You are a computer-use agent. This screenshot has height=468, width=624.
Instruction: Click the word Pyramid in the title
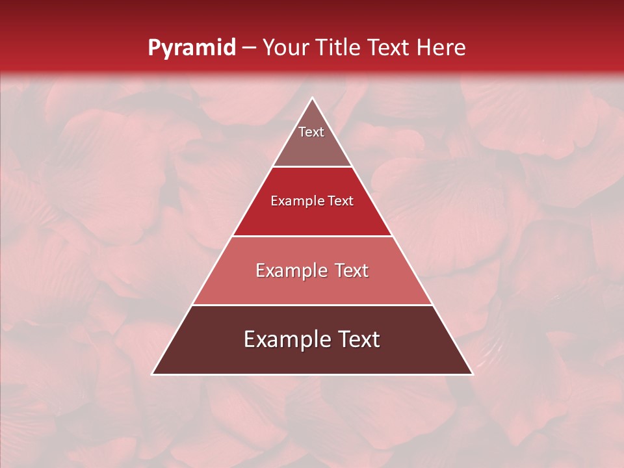point(191,48)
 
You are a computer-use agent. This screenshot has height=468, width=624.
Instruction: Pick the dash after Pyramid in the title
point(248,48)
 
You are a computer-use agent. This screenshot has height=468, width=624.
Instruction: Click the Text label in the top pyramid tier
point(311,132)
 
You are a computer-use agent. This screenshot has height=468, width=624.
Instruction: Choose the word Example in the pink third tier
point(291,270)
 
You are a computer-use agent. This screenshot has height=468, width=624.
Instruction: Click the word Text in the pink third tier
point(352,270)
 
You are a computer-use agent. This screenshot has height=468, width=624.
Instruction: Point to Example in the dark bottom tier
point(285,339)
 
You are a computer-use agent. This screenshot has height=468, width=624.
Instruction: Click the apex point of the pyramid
point(312,98)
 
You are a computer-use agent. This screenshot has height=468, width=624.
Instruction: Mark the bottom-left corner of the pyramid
point(153,374)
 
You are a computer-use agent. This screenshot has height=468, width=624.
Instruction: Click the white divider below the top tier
point(312,167)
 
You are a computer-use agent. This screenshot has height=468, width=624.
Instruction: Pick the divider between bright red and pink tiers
point(312,236)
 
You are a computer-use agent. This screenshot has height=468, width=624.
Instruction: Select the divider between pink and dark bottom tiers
point(312,305)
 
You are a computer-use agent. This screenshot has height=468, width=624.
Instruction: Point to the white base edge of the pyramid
point(312,374)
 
